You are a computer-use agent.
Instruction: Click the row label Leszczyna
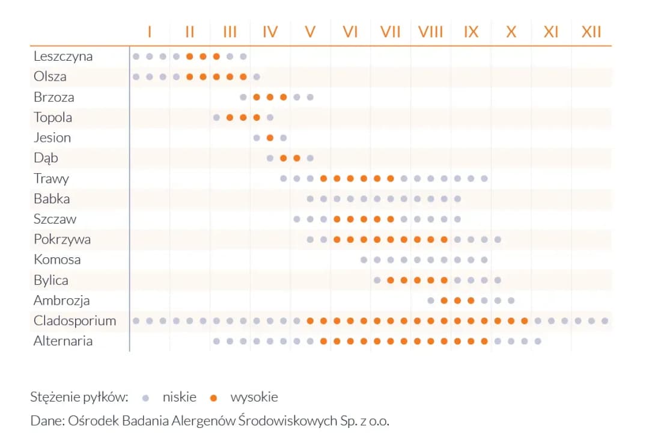point(63,57)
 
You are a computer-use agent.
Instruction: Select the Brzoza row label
point(53,97)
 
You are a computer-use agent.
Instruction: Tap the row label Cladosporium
point(75,321)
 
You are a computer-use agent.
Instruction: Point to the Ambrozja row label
point(62,301)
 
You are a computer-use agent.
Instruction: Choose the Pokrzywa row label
point(62,239)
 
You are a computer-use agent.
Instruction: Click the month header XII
point(591,31)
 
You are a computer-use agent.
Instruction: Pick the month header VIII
point(430,31)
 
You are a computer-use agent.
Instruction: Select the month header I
point(149,31)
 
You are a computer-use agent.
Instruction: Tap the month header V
point(310,31)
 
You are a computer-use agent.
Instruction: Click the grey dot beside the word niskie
point(145,397)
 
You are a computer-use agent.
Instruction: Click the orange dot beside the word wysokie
point(213,397)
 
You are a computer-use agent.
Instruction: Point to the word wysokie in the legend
point(254,397)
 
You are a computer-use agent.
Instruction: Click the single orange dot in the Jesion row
point(270,138)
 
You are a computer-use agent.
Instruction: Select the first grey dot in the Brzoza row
point(243,97)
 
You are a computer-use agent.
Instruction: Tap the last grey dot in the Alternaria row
point(538,341)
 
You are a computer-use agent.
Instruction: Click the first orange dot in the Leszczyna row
point(189,57)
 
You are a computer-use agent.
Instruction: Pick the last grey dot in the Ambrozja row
point(511,301)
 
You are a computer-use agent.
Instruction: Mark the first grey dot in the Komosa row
point(364,260)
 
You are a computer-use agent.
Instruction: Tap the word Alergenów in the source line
point(200,421)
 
